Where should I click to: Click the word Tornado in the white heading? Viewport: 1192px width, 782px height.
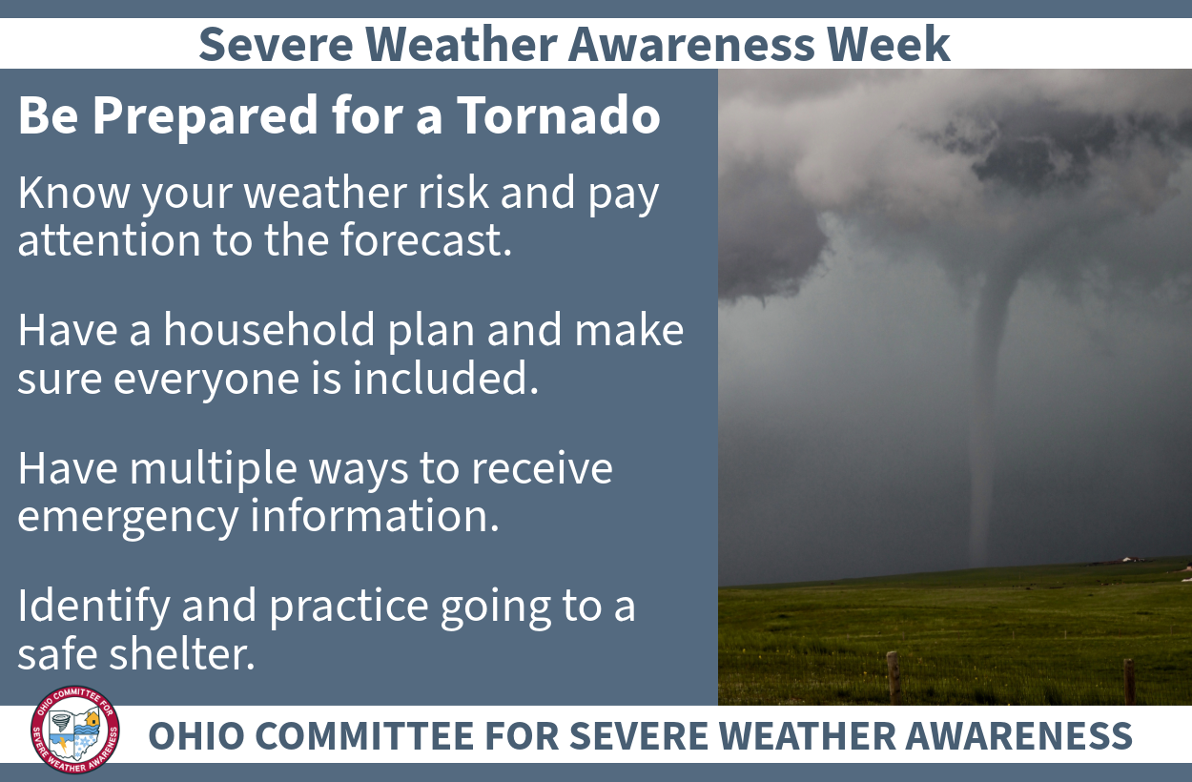(559, 115)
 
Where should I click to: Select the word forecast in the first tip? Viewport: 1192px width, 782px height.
(426, 239)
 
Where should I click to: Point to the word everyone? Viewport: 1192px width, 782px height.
(207, 380)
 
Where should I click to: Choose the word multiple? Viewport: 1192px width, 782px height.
(214, 469)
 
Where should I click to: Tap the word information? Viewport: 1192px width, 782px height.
(375, 515)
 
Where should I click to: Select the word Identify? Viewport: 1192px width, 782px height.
(94, 607)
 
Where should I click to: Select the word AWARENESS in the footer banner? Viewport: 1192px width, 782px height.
(1018, 735)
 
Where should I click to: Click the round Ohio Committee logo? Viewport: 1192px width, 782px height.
(75, 730)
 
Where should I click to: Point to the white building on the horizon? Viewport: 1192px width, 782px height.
(1132, 560)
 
